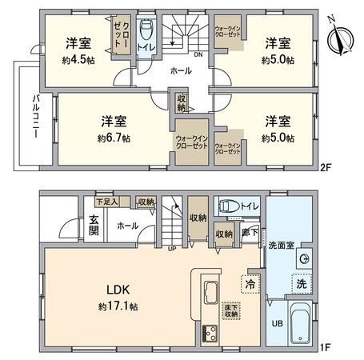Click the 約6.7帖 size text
pyautogui.click(x=114, y=138)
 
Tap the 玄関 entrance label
pyautogui.click(x=93, y=226)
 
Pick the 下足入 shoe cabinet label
pyautogui.click(x=105, y=202)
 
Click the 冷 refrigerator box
pyautogui.click(x=249, y=282)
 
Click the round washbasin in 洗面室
pyautogui.click(x=304, y=259)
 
